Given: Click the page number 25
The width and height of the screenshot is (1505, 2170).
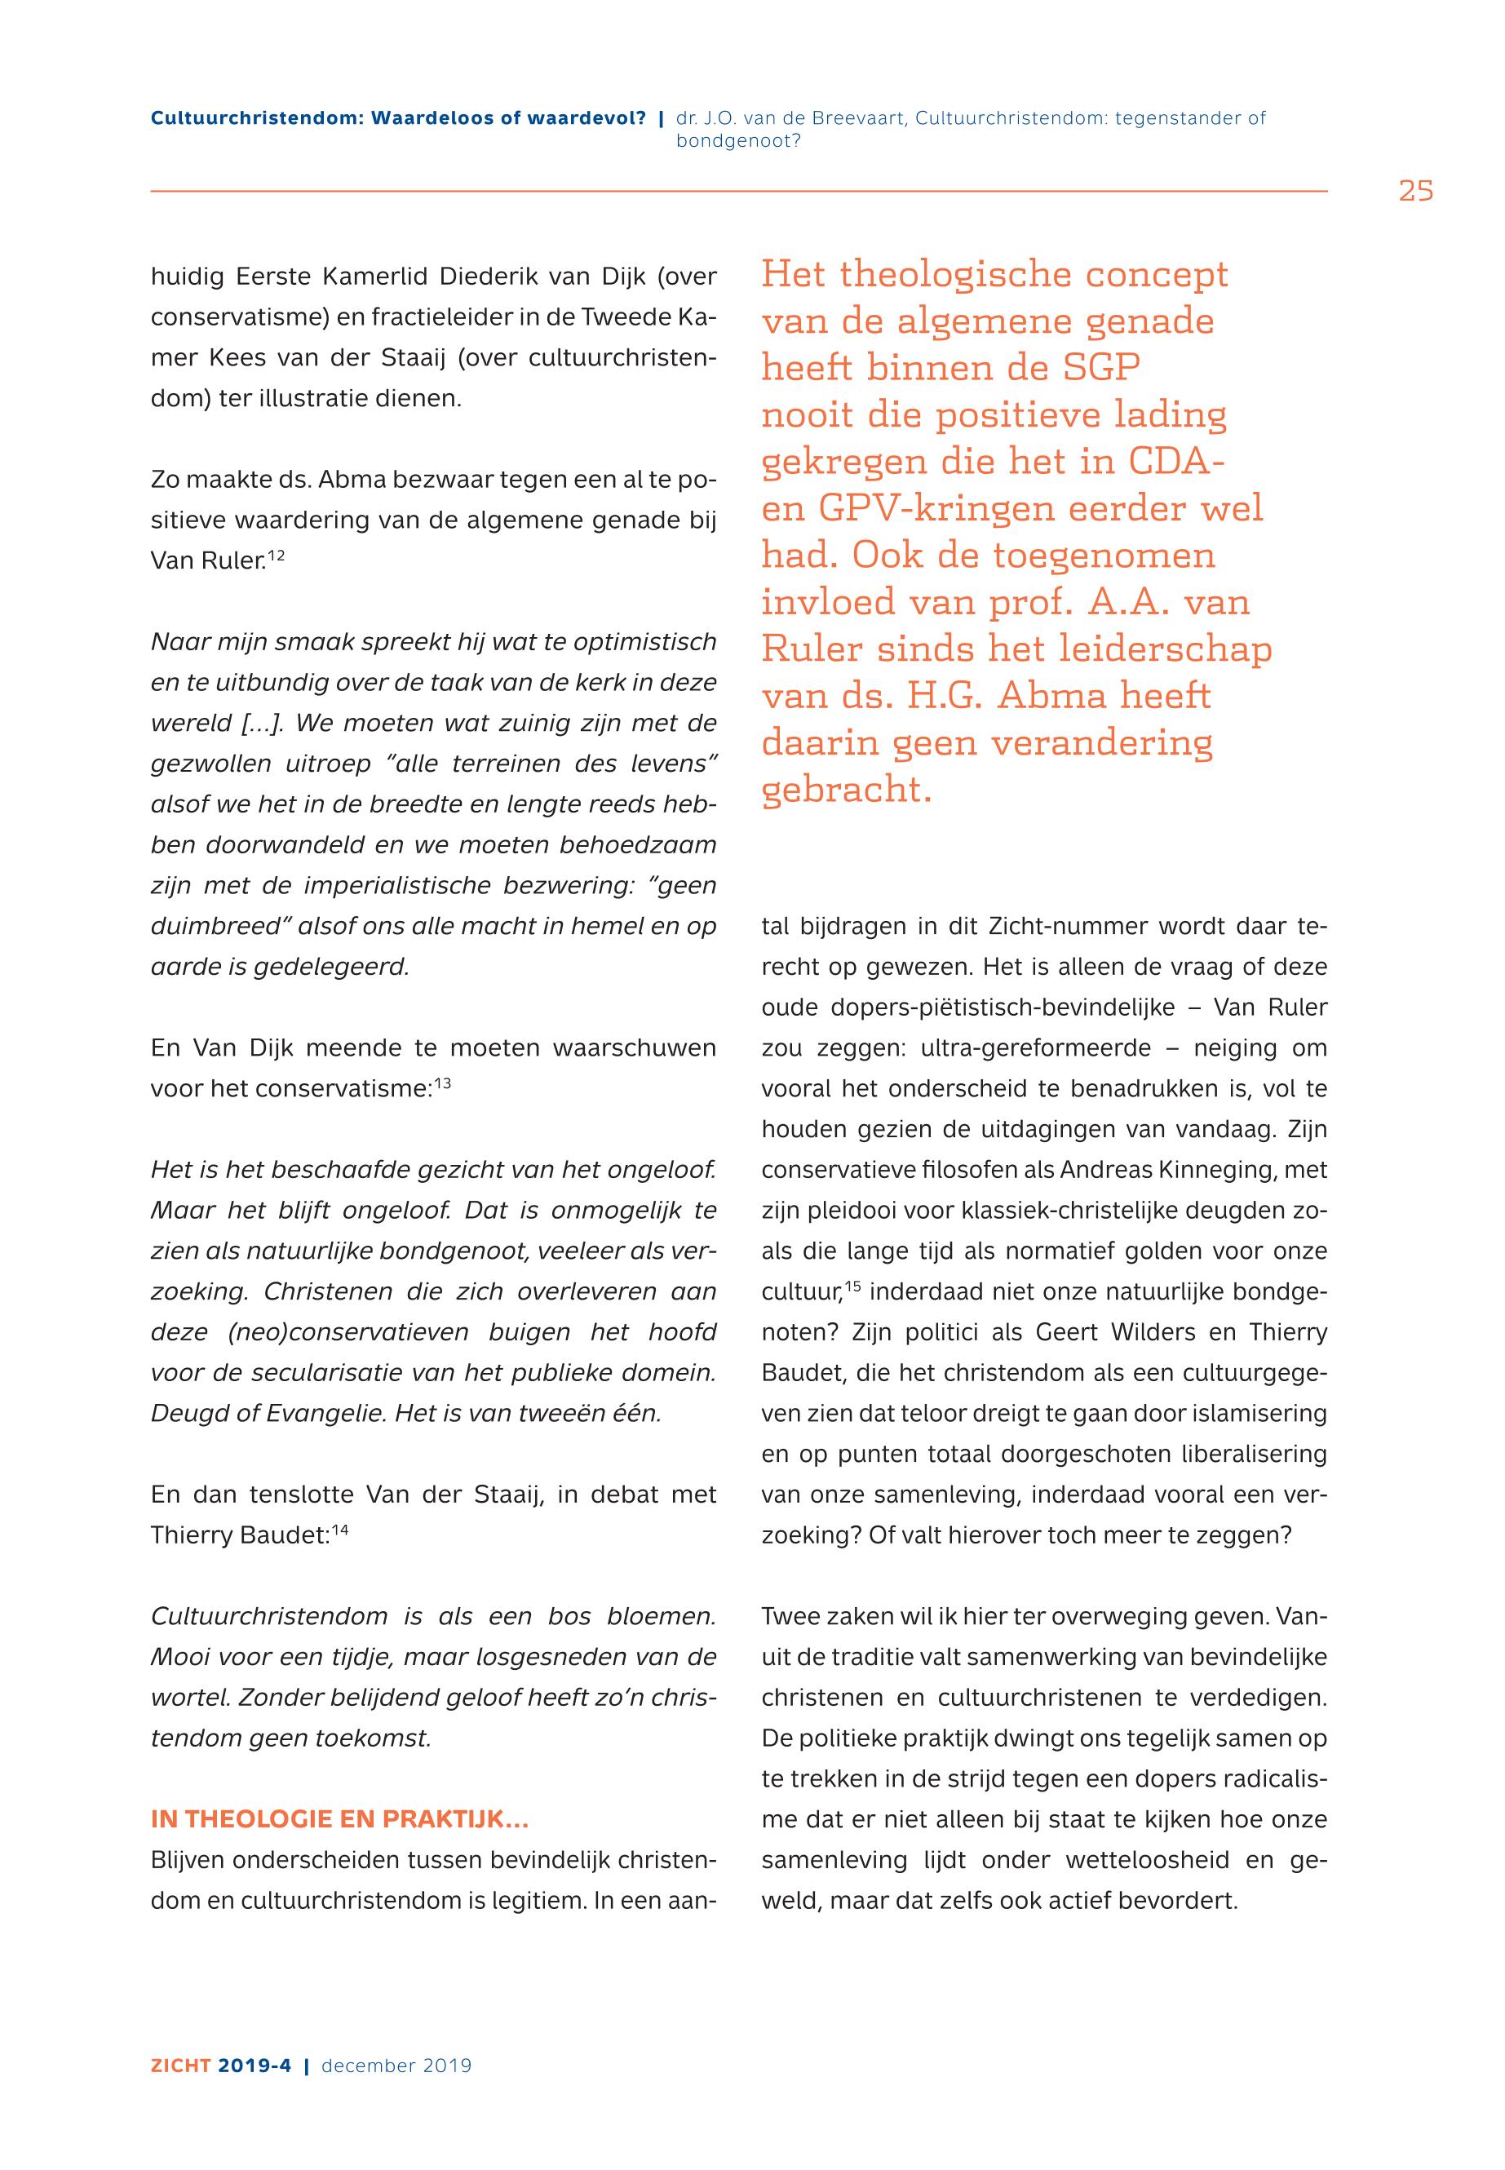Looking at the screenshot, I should coord(1415,192).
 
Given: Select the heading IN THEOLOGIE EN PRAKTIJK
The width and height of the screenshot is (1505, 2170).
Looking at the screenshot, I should coord(339,1819).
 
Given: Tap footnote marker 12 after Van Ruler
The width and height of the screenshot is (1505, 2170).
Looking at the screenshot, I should coord(276,556).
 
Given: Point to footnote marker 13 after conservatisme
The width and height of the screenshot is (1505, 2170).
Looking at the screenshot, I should coord(442,1083).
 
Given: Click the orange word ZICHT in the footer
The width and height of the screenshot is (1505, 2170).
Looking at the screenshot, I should coord(181,2066).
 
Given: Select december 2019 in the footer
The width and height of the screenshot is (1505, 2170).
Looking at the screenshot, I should coord(396,2066).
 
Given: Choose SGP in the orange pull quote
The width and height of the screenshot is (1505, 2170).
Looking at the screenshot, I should coord(1101,368).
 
